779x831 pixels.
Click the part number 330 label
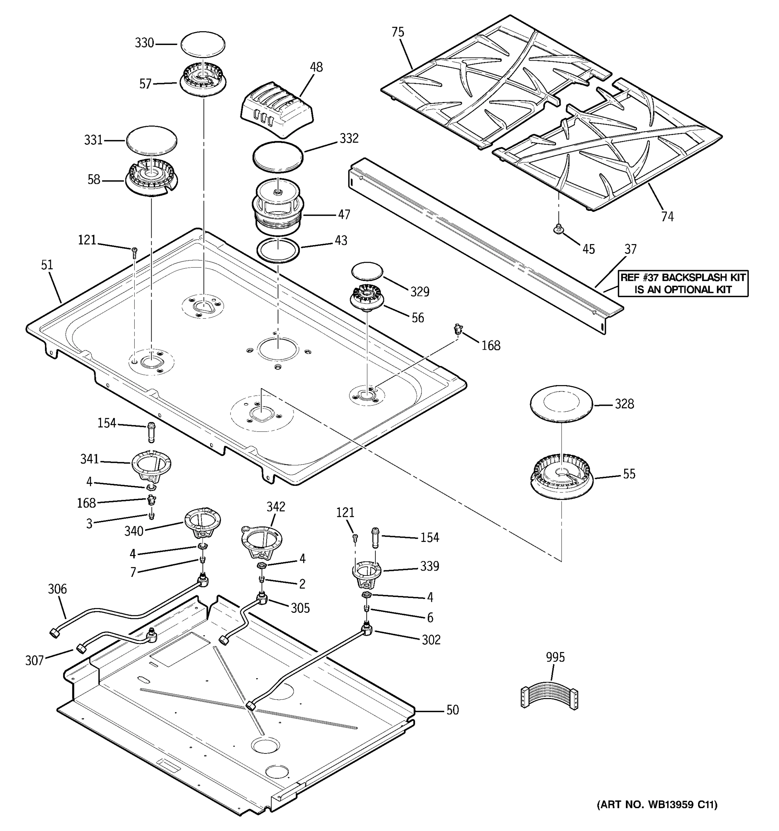tap(144, 43)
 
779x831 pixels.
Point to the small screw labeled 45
tap(557, 228)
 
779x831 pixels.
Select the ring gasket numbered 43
tap(278, 250)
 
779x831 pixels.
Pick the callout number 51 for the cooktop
tap(47, 265)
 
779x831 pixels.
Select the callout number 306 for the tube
tap(57, 589)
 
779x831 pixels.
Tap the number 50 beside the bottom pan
tap(452, 710)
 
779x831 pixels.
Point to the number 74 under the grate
tap(667, 216)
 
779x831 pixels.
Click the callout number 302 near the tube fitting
tap(431, 640)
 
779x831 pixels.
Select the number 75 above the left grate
tap(398, 32)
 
